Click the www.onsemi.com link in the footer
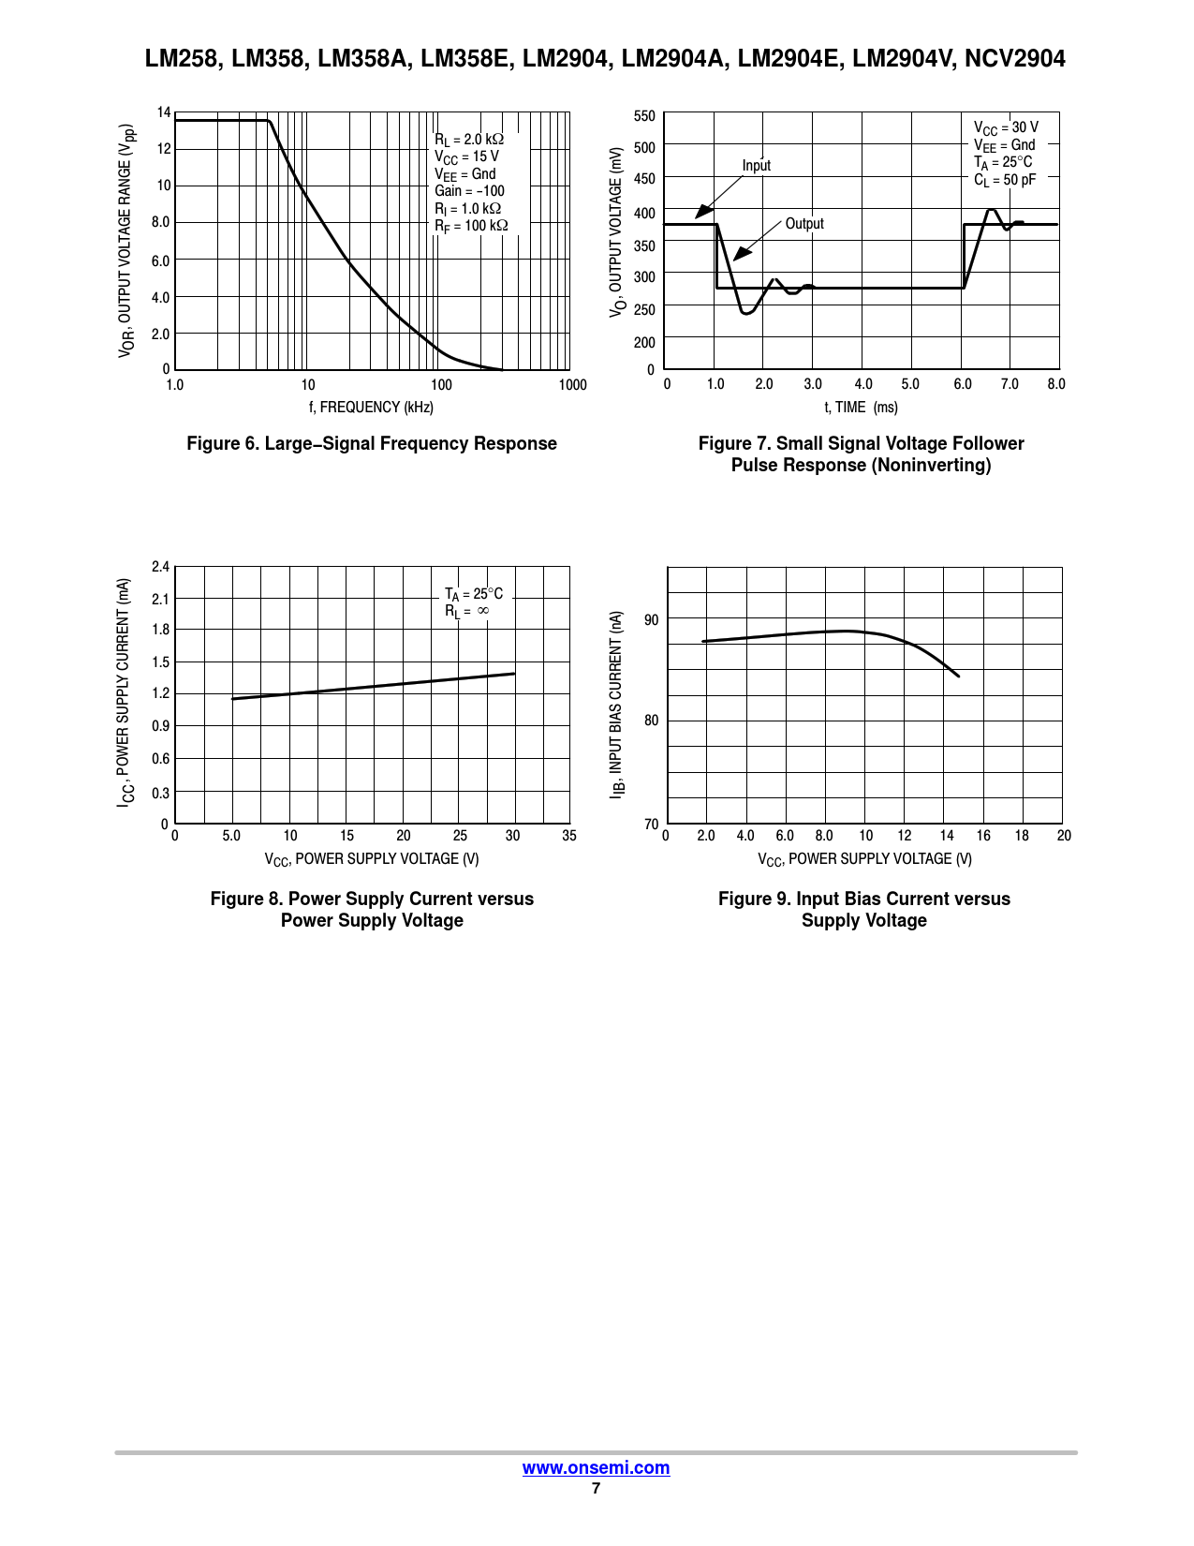point(596,1468)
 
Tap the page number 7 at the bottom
point(596,1488)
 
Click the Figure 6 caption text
point(372,444)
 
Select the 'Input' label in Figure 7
point(756,166)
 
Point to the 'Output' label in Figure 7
point(804,224)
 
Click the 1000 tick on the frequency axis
point(572,385)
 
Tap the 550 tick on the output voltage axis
point(644,116)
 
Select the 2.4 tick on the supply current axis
point(160,567)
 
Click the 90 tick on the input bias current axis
point(652,620)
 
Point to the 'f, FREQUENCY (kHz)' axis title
point(372,408)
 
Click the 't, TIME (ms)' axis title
point(861,408)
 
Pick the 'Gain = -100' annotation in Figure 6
point(469,191)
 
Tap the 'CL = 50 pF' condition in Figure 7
point(1005,180)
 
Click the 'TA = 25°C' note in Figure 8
point(473,594)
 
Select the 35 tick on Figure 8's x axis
point(569,836)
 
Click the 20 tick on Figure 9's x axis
point(1064,836)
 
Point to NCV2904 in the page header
point(1015,59)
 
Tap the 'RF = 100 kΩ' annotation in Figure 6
point(471,226)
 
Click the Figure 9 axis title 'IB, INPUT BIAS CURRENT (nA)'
point(616,705)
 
